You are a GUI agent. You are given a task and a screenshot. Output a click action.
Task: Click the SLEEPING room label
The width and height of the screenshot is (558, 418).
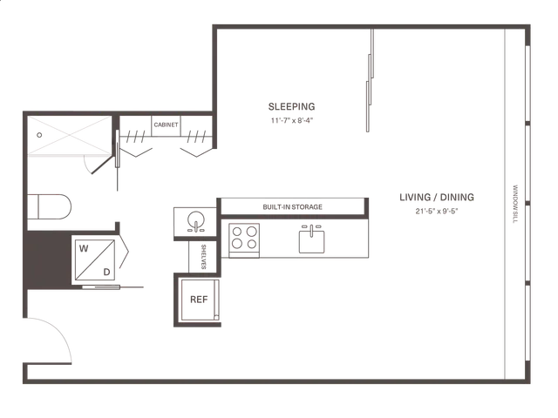(x=291, y=106)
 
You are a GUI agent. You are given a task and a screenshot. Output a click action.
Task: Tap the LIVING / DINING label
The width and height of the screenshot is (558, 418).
(x=437, y=198)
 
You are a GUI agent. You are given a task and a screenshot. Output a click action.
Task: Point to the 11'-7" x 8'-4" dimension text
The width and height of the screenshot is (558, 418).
(x=292, y=120)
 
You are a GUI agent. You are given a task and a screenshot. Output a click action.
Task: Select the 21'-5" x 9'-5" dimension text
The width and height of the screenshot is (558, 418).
(x=437, y=211)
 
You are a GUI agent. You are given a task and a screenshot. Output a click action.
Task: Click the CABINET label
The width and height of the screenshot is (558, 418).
(x=166, y=125)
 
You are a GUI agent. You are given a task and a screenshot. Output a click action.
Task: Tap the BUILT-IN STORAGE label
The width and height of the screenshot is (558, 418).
(x=293, y=207)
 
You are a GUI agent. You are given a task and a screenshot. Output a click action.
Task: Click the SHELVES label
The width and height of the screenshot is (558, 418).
(x=203, y=257)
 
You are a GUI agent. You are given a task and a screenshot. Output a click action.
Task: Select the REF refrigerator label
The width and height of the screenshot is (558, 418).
(x=199, y=300)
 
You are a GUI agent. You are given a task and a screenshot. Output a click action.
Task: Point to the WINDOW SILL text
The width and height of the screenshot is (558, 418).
(x=515, y=204)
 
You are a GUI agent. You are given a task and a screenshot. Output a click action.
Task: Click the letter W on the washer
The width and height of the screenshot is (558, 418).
(x=84, y=248)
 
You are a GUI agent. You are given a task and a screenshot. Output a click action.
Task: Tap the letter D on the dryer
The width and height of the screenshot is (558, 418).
(x=106, y=273)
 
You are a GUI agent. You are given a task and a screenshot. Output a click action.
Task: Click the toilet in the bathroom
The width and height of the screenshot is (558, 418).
(x=50, y=207)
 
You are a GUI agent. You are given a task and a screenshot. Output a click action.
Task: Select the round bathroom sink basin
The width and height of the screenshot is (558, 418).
(x=196, y=219)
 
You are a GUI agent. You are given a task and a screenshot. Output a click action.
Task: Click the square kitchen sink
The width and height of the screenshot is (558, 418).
(x=312, y=242)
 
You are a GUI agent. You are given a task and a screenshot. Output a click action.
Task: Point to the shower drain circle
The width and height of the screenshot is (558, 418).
(x=39, y=135)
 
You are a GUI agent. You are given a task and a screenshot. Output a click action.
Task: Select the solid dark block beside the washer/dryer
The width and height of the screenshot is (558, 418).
(x=47, y=260)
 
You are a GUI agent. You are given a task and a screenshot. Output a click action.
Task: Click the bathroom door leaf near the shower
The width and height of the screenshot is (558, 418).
(x=102, y=164)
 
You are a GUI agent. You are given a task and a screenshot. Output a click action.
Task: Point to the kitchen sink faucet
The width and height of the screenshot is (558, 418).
(x=311, y=230)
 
